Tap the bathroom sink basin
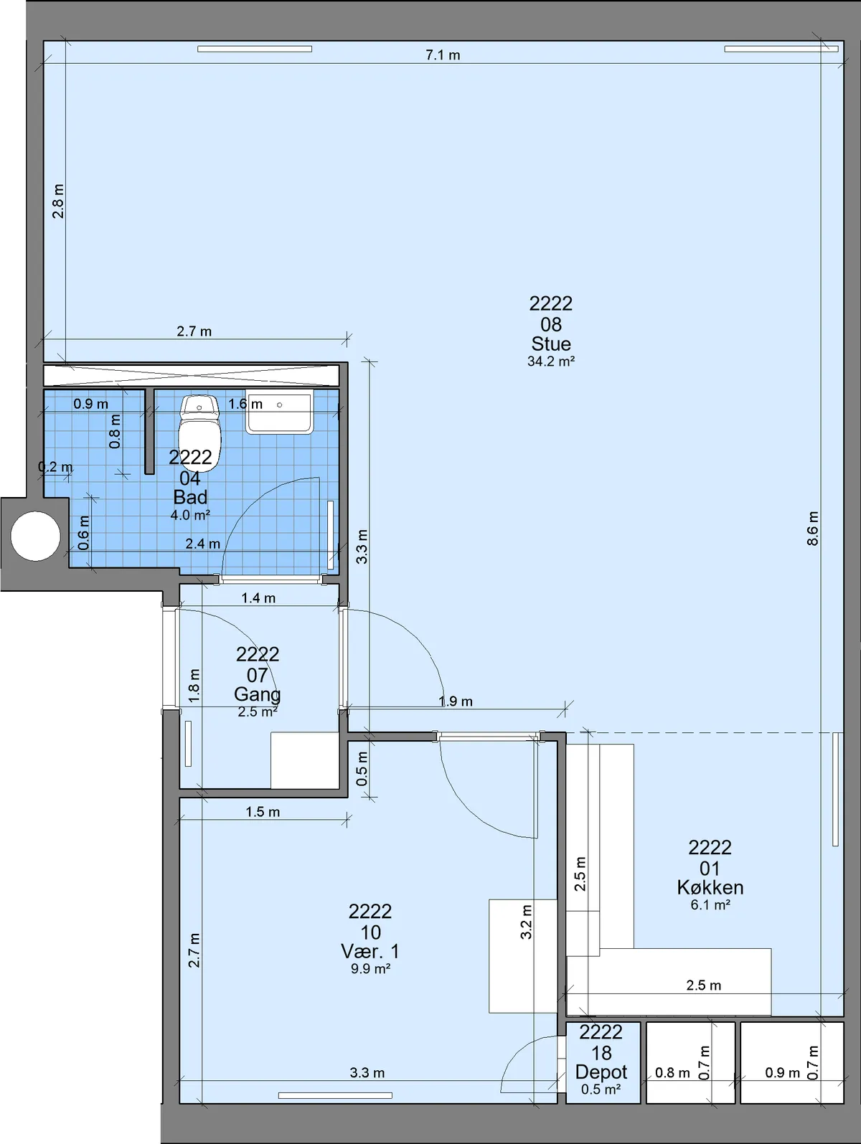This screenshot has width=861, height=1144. point(279,414)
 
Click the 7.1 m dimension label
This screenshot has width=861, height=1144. point(443,55)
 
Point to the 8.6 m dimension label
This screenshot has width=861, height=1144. point(812,528)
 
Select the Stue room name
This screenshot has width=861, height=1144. point(551,344)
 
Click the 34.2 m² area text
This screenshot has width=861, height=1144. point(551,361)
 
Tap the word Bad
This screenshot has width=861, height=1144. point(190,497)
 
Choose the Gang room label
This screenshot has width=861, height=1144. point(258,694)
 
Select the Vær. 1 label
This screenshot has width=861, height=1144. point(370,951)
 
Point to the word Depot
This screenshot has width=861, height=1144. point(601,1072)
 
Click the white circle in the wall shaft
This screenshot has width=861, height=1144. point(35,536)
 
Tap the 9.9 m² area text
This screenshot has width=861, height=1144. point(370,968)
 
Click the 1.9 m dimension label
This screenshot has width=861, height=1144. point(456,701)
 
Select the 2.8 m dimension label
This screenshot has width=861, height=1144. point(58,201)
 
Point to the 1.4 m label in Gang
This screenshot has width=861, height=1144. point(258,597)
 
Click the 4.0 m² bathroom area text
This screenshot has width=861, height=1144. point(190,515)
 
